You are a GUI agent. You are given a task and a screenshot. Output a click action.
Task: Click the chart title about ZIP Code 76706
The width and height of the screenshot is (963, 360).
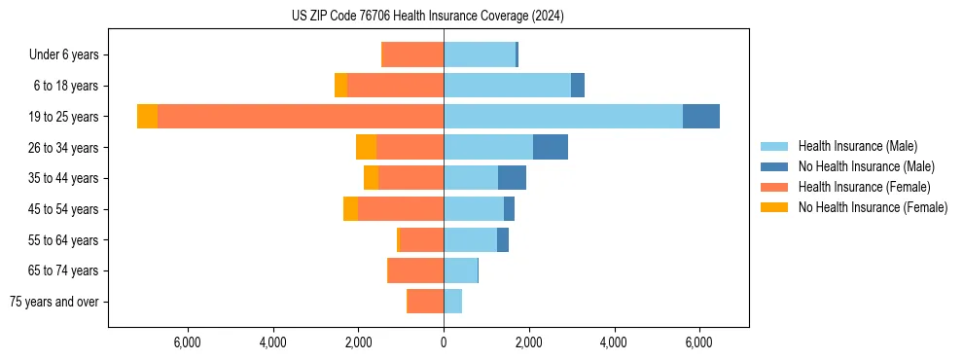tap(428, 17)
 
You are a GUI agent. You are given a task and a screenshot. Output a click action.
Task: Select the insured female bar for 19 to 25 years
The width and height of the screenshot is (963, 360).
tap(301, 117)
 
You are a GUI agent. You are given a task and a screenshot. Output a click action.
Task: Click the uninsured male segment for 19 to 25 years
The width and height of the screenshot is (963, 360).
tap(700, 117)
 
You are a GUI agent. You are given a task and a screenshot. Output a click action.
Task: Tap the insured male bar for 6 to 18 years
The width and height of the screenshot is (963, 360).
tap(507, 86)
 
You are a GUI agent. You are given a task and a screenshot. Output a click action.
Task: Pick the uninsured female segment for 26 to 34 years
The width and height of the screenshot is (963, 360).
tap(366, 147)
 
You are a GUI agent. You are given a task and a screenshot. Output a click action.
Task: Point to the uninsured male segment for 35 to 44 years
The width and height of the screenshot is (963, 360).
tap(512, 178)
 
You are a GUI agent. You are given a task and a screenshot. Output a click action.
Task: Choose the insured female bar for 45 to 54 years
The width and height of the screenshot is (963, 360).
tap(401, 209)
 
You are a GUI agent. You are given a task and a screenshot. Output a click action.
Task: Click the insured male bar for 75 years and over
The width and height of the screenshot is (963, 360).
tap(452, 302)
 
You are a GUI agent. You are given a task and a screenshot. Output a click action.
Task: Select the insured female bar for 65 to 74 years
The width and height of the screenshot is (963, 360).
tap(416, 270)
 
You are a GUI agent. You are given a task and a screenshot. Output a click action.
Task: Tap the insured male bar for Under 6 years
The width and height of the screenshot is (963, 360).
tap(480, 54)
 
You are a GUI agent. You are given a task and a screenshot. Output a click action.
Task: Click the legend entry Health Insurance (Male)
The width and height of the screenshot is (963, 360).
tap(857, 146)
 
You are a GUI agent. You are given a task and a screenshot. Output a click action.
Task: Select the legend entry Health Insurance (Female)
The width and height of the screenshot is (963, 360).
tap(864, 187)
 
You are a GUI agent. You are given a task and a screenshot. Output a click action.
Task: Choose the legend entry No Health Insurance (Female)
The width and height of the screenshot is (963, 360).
tap(873, 207)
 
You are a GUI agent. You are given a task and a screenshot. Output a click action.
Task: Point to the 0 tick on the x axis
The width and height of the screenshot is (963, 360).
tap(444, 342)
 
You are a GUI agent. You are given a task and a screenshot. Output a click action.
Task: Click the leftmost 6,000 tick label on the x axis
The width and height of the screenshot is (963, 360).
tap(187, 342)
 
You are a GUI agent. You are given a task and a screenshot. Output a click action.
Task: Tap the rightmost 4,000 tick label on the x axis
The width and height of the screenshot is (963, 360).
tap(615, 342)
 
